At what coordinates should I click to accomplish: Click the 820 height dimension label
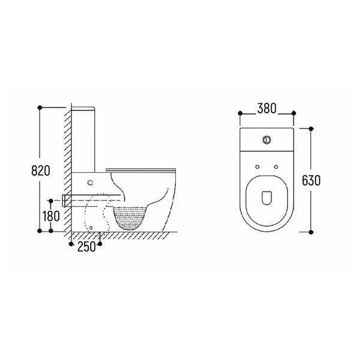pos(41,170)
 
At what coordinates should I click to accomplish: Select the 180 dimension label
pos(51,216)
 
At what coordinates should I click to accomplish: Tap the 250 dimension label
pos(86,247)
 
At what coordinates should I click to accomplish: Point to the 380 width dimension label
pos(267,109)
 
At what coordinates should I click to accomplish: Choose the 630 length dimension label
pos(311,180)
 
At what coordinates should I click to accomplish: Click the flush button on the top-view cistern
pos(267,140)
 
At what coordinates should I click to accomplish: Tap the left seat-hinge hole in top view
pos(257,167)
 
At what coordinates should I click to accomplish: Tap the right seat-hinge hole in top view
pos(276,167)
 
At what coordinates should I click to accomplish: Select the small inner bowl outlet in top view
pos(267,197)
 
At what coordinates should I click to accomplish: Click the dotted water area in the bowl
pos(130,217)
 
